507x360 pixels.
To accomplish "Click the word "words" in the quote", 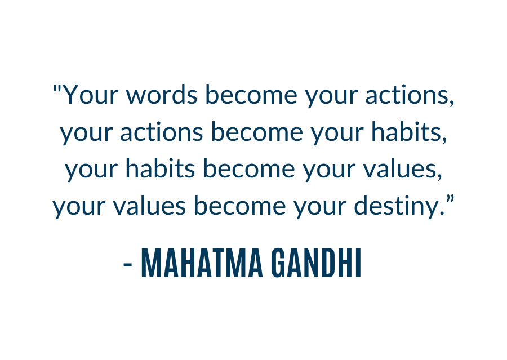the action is [161, 95].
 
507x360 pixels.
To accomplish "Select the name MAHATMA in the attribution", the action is [202, 263].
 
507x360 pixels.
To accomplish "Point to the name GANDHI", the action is [315, 263].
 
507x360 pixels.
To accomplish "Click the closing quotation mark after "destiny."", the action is [450, 199].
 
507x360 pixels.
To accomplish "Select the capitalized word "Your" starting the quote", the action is [90, 95].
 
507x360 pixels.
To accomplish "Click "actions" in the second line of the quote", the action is [162, 131].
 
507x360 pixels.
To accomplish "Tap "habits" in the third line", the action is [161, 168].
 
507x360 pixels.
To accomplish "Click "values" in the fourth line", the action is [149, 206].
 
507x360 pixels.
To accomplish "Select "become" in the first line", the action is [251, 95].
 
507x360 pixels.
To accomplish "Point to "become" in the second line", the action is [257, 131].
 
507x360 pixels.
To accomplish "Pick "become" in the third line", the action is [249, 168].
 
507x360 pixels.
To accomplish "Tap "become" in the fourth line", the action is [240, 206].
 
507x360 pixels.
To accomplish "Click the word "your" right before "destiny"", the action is [320, 209].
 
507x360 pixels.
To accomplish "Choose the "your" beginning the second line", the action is [86, 135].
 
